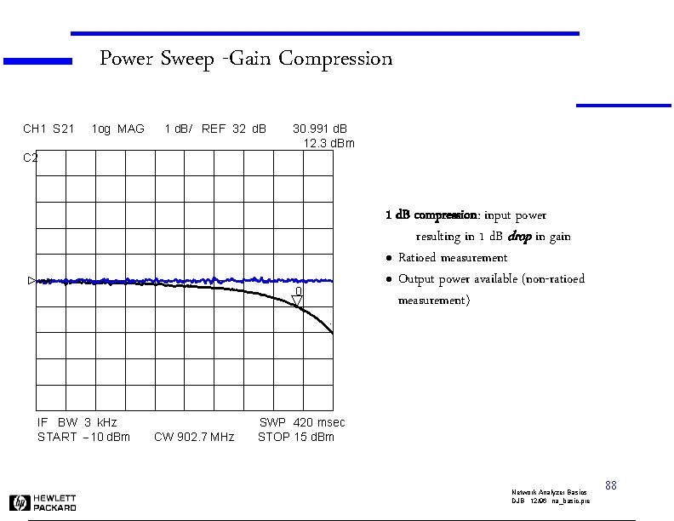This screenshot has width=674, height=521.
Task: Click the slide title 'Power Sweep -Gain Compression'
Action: coord(245,59)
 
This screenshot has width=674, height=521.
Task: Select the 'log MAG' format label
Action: coord(117,129)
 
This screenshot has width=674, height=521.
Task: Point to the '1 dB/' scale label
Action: coord(179,129)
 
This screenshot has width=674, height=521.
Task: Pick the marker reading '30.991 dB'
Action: coord(320,129)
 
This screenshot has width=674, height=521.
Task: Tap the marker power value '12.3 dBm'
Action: coord(329,143)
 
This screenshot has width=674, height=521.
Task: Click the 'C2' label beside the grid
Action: coord(30,157)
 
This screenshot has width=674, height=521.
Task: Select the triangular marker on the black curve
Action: coord(298,299)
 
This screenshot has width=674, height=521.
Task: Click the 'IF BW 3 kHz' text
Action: coord(77,422)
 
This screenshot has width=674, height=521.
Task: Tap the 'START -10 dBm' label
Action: coord(83,438)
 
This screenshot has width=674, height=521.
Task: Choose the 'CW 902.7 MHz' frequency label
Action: coord(194,438)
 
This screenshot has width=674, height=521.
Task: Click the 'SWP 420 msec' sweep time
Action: coord(302,422)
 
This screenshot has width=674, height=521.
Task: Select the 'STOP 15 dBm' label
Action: coord(296,438)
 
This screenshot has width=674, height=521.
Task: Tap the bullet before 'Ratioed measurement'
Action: coord(388,258)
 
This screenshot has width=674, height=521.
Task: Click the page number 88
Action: coord(610,485)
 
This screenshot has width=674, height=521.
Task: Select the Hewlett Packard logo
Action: coord(43,502)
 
